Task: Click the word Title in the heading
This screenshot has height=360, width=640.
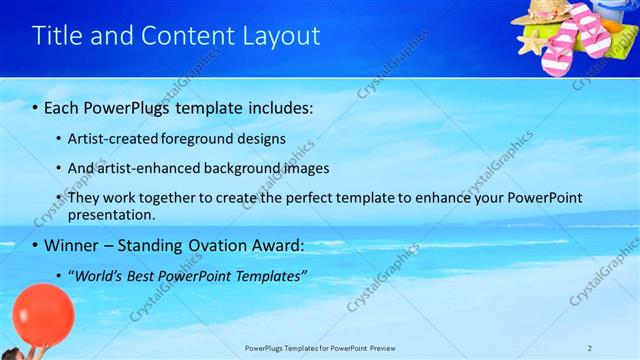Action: coord(58,36)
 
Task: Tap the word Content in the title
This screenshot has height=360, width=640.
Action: coord(188,36)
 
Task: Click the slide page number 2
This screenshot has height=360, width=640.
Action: coord(590,347)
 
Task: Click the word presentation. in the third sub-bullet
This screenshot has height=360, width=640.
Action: coord(112,214)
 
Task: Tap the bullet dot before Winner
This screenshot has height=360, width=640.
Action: coord(36,245)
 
